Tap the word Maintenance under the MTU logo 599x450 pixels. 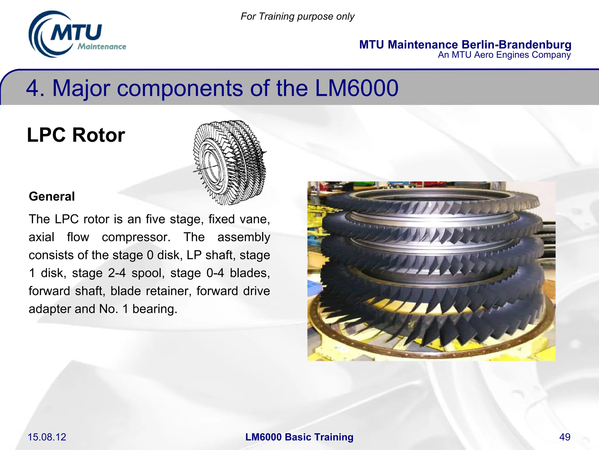coord(102,47)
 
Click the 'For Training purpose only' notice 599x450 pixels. coord(297,16)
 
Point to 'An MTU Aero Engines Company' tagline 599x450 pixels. coord(504,55)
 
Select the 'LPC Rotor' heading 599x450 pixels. coord(76,135)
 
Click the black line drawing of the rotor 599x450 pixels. coord(230,163)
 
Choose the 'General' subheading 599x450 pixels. coord(52,196)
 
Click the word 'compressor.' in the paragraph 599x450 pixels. coord(136,237)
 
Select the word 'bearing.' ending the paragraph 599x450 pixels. coord(155,309)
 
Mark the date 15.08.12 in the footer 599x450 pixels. coord(47,437)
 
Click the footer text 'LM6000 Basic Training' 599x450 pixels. coord(299,437)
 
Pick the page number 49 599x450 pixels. coord(564,437)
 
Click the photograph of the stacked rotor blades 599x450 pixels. coord(431,271)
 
